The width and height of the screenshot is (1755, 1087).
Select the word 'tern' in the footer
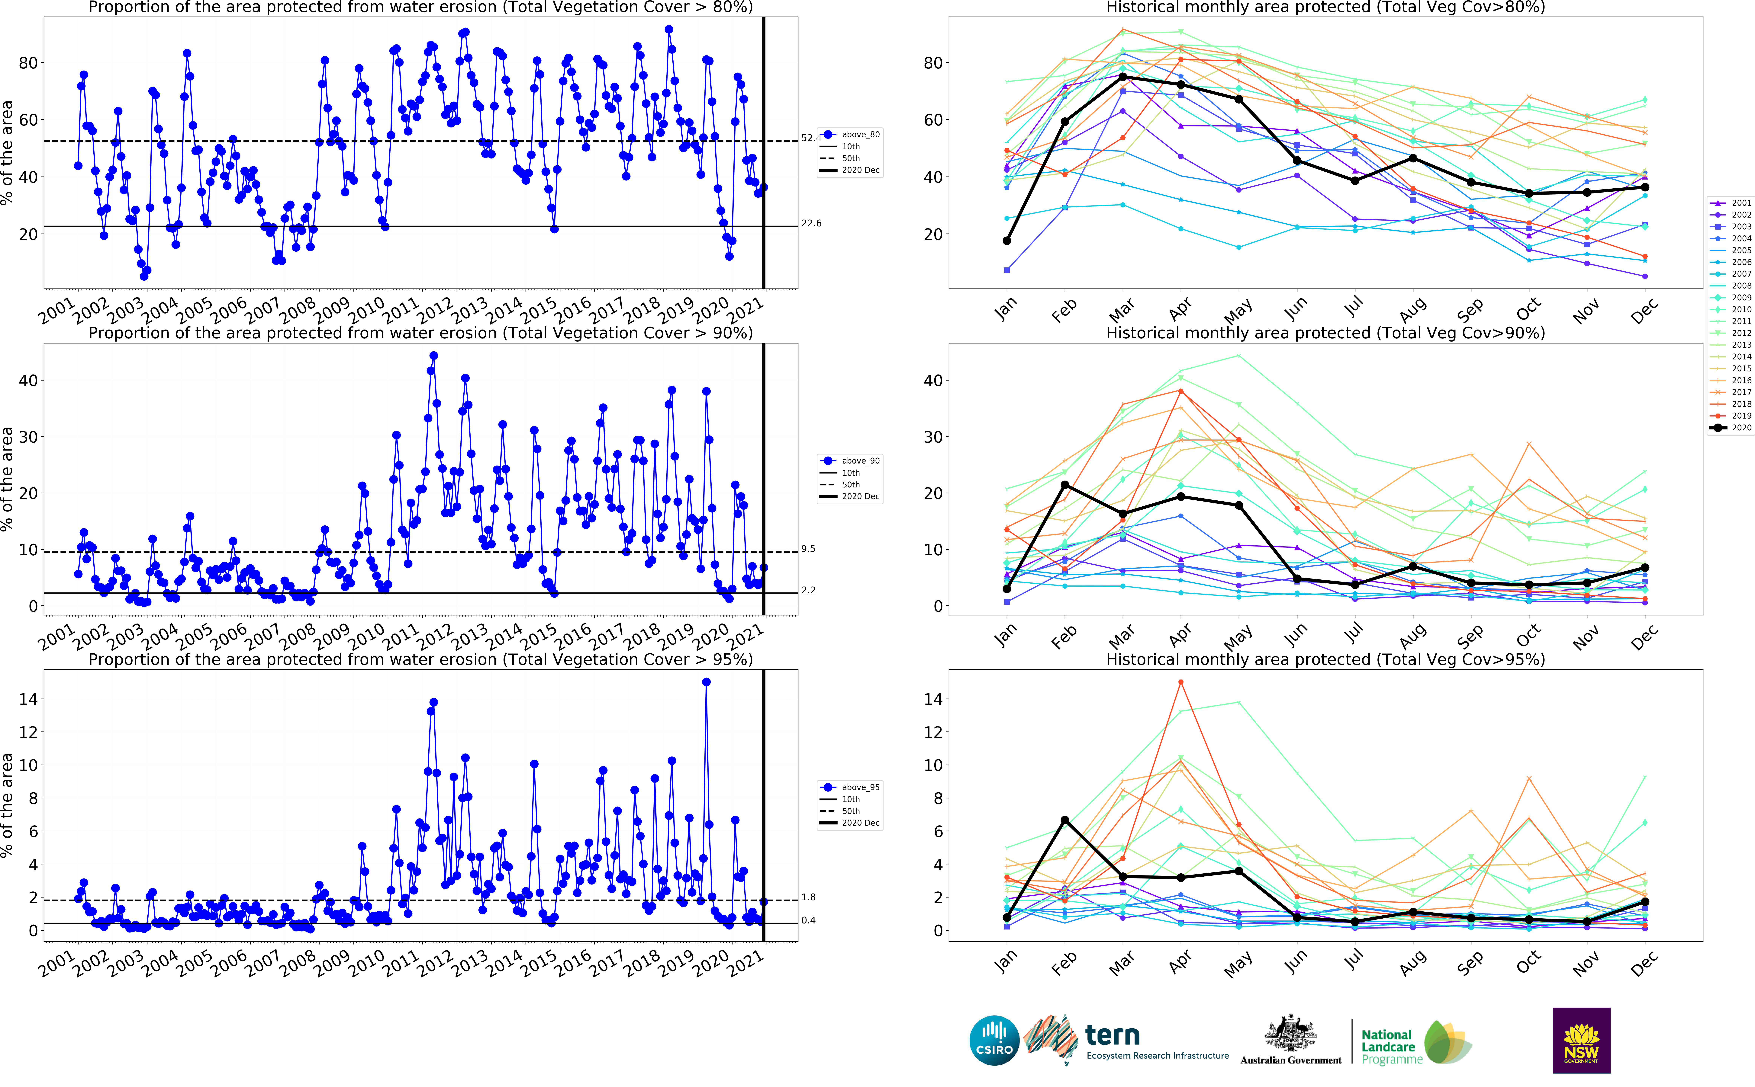tap(1112, 1035)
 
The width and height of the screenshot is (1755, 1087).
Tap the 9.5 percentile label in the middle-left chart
tap(808, 549)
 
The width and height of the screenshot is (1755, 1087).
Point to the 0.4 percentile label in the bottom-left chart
tap(808, 920)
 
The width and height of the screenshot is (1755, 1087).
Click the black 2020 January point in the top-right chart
tap(1007, 241)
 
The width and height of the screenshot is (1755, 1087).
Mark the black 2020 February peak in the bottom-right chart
tap(1065, 820)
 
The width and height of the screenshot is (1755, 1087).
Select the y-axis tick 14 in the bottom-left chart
tap(27, 699)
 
